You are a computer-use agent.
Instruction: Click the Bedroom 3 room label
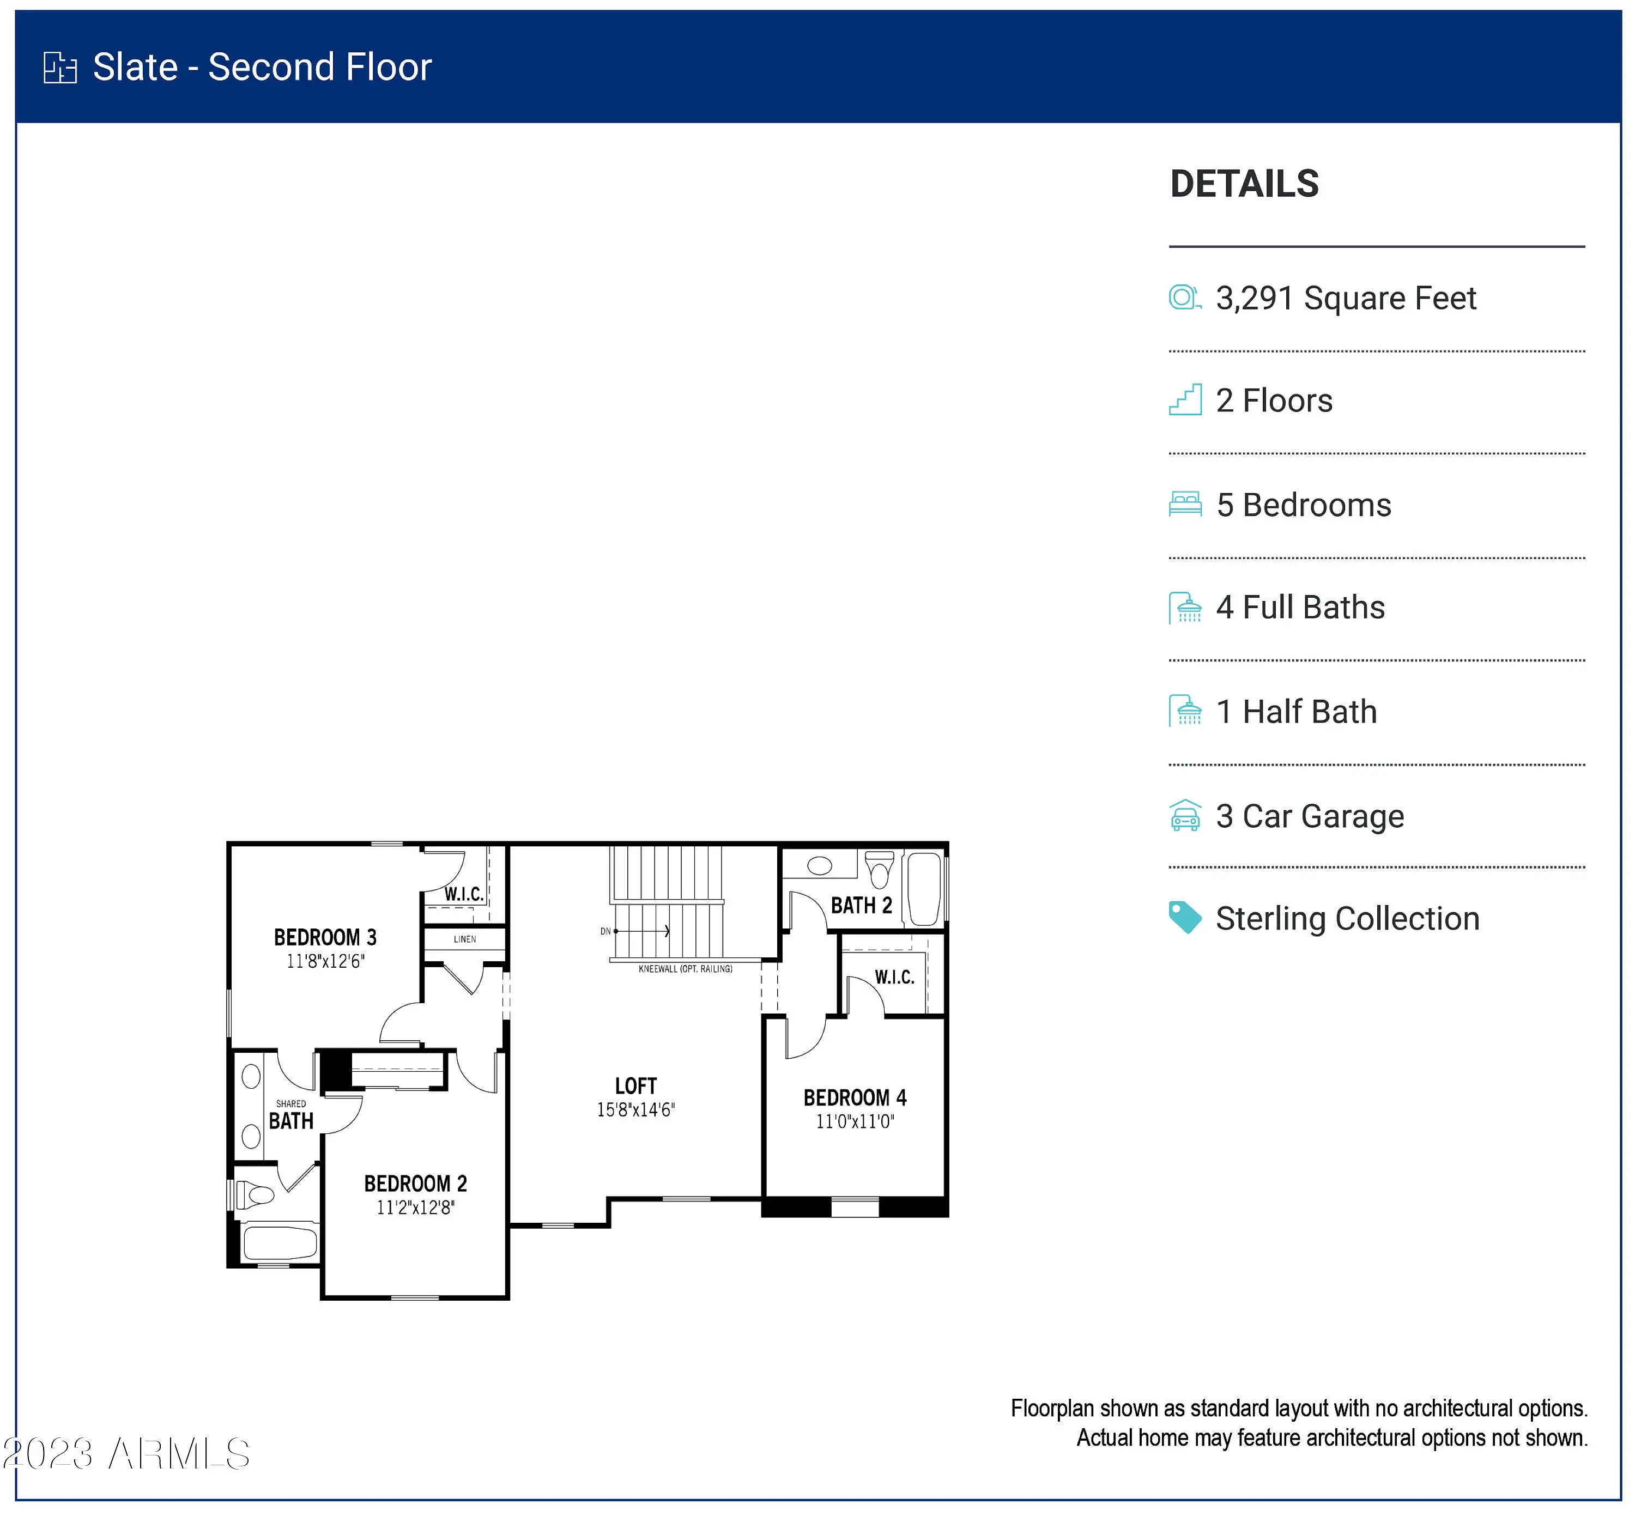click(325, 937)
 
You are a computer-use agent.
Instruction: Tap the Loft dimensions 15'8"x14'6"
click(635, 1110)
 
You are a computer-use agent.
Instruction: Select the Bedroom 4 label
click(855, 1098)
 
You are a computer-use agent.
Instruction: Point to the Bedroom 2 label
click(415, 1184)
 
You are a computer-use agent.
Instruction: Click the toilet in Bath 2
click(880, 869)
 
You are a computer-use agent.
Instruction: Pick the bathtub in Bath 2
click(924, 889)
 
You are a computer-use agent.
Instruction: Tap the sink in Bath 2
click(820, 865)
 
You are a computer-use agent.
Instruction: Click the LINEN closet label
click(465, 939)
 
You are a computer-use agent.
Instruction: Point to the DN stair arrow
click(641, 931)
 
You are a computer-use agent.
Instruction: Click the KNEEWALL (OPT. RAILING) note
click(685, 969)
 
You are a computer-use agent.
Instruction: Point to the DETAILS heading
click(1244, 184)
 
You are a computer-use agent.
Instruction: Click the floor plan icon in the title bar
click(60, 68)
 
